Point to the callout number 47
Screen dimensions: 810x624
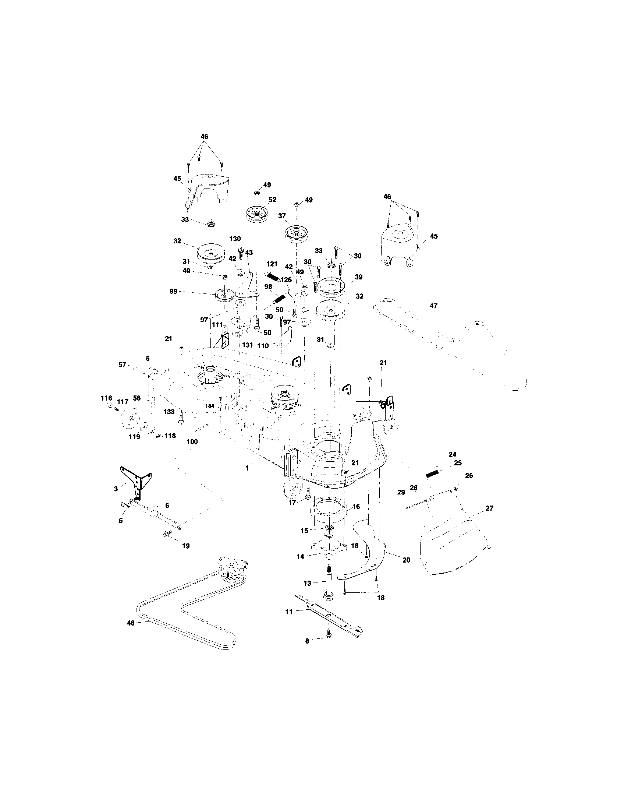tap(433, 306)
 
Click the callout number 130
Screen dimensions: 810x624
tap(235, 239)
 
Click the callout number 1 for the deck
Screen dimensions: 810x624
tap(247, 468)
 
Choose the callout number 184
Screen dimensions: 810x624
tap(210, 406)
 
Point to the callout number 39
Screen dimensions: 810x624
tap(358, 277)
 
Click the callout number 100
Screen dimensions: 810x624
tap(192, 442)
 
